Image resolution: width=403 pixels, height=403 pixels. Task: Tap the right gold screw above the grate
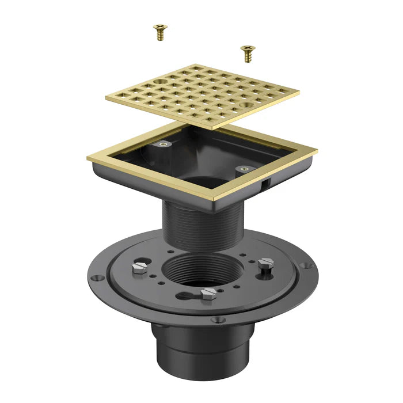[x=248, y=54]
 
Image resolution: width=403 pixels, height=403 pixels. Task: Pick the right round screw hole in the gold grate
[x=246, y=107]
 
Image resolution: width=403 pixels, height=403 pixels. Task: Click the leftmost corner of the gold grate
[x=107, y=98]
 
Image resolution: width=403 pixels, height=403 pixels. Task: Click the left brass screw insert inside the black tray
[x=165, y=145]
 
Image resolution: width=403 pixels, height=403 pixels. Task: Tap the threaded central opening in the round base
[x=199, y=271]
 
